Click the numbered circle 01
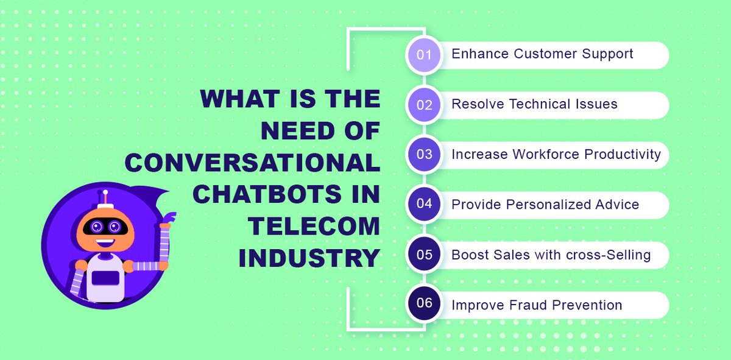click(424, 55)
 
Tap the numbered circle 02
click(424, 105)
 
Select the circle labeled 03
click(424, 155)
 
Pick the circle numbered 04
click(424, 204)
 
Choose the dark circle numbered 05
click(424, 255)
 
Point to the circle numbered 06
click(424, 304)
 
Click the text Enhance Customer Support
click(542, 54)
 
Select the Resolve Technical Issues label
click(534, 104)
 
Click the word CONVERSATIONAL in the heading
click(255, 163)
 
